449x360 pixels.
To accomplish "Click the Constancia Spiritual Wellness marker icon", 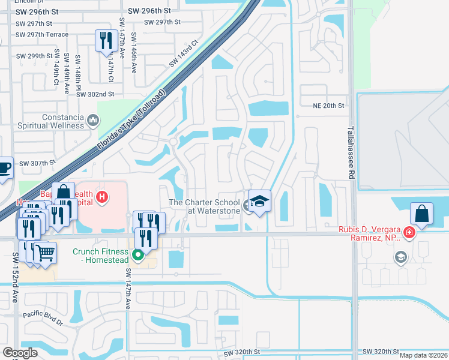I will pyautogui.click(x=93, y=121).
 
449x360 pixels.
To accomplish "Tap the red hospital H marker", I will pyautogui.click(x=102, y=196).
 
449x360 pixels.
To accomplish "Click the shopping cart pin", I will pyautogui.click(x=45, y=253).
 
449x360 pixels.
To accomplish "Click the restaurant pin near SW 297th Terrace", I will pyautogui.click(x=106, y=41).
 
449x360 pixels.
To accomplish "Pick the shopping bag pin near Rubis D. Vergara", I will pyautogui.click(x=421, y=214).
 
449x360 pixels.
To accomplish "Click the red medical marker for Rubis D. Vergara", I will pyautogui.click(x=409, y=232).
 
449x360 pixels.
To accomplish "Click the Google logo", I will pyautogui.click(x=20, y=353).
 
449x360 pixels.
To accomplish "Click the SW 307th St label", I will pyautogui.click(x=37, y=163).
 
